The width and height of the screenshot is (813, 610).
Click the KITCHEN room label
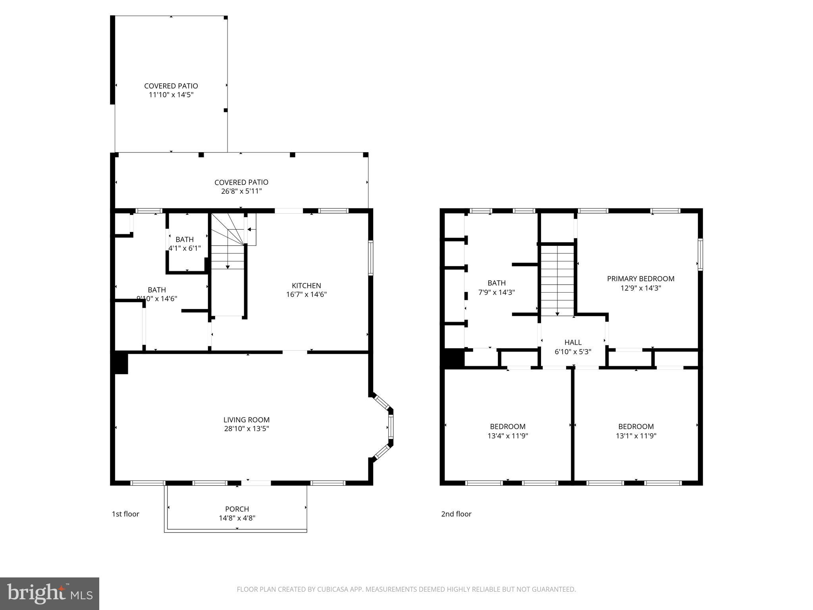[306, 286]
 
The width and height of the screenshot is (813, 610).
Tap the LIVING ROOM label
[246, 420]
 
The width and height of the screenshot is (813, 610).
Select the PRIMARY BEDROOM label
[640, 279]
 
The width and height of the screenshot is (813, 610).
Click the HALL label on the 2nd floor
[573, 342]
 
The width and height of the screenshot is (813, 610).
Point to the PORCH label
[237, 509]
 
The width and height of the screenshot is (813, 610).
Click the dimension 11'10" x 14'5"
[171, 95]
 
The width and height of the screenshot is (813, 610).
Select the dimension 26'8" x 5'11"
[241, 191]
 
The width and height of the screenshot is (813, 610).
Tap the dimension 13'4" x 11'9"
[507, 436]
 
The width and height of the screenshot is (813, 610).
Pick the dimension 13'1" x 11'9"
[636, 436]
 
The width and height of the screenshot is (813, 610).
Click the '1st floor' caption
[125, 514]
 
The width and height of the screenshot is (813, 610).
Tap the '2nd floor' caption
[456, 514]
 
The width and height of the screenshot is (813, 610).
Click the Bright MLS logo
[49, 593]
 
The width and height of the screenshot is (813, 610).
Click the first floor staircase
[227, 246]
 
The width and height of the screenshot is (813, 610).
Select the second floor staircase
[557, 280]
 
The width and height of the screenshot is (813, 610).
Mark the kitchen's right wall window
[370, 257]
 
